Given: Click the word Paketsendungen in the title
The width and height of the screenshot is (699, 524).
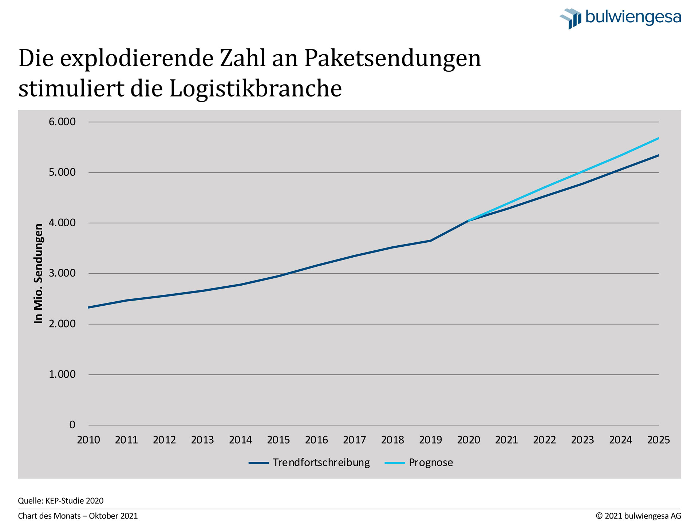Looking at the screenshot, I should click(392, 58).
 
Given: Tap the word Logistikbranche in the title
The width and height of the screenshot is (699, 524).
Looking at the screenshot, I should click(256, 88).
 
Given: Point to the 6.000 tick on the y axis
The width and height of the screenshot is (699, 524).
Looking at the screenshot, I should click(62, 122).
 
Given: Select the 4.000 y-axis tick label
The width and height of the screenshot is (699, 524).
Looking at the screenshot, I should click(62, 223).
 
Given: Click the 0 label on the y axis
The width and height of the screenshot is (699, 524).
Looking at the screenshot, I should click(72, 425).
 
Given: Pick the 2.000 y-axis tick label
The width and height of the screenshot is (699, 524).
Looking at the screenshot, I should click(62, 324).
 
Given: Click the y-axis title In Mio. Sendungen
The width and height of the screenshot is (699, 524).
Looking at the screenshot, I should click(39, 273).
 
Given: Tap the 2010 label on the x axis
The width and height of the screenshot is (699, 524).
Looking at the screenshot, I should click(88, 440).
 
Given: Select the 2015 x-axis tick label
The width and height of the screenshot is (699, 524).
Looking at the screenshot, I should click(279, 440).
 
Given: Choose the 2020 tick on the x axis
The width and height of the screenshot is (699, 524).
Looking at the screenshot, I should click(469, 440).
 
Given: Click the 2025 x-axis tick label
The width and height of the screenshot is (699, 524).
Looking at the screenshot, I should click(658, 440).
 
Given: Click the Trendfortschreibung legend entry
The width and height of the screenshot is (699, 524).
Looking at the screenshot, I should click(310, 463).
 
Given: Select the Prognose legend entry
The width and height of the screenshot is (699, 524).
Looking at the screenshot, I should click(419, 463).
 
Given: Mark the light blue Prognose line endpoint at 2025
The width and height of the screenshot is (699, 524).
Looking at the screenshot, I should click(658, 138).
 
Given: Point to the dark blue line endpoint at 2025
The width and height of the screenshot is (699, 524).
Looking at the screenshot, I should click(658, 155).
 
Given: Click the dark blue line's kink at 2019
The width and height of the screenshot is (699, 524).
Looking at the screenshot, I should click(431, 241).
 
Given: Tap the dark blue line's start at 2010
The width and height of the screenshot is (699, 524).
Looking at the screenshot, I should click(89, 307).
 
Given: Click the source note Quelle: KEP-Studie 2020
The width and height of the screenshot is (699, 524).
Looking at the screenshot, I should click(61, 501).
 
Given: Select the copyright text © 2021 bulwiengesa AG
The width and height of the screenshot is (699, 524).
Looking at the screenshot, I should click(638, 516).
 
